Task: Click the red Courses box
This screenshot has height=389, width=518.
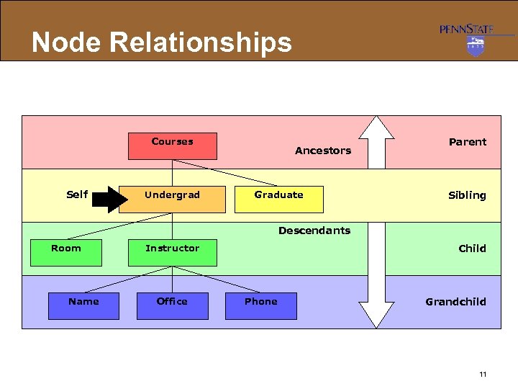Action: tap(172, 146)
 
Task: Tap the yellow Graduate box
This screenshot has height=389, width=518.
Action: tap(279, 200)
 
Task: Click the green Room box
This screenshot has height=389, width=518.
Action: tap(65, 253)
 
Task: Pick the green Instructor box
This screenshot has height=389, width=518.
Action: tap(172, 253)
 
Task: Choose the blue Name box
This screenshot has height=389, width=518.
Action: tap(83, 306)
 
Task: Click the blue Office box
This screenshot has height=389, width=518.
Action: tap(172, 306)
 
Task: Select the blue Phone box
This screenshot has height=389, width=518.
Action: tap(260, 306)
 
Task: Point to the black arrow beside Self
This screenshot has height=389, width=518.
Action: tap(108, 200)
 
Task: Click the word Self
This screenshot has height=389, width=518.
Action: tap(77, 194)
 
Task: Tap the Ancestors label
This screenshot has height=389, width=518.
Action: tap(323, 151)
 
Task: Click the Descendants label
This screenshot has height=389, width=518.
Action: tap(314, 231)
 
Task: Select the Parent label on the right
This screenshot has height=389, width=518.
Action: tap(468, 142)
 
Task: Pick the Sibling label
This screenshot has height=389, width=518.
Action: tap(467, 195)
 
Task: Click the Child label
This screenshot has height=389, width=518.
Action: tap(472, 249)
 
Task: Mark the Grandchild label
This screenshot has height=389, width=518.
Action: tap(455, 302)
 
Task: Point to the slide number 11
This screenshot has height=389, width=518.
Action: tap(482, 374)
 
